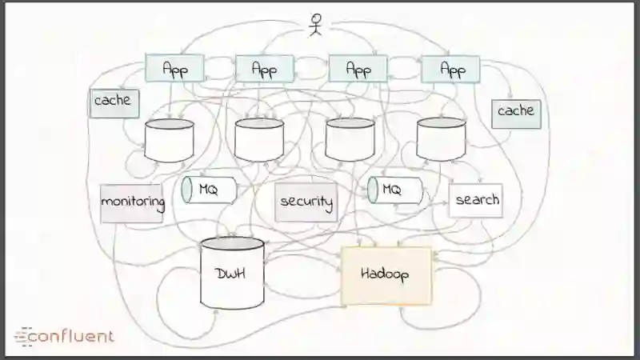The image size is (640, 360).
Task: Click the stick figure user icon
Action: (317, 26)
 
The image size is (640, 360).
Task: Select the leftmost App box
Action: (174, 69)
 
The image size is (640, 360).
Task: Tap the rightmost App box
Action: (450, 69)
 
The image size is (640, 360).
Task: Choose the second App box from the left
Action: (264, 69)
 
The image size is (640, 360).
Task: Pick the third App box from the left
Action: (358, 69)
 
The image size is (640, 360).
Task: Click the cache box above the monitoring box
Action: (112, 102)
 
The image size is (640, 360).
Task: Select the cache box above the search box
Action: (515, 111)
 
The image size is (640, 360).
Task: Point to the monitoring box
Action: (132, 202)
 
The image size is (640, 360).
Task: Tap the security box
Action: (306, 202)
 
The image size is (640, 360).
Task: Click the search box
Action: (477, 200)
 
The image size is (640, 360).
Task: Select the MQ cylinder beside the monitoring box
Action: (209, 190)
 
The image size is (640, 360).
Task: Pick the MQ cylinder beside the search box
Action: (394, 190)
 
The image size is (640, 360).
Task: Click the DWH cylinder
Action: (231, 273)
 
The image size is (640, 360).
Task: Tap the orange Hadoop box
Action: (386, 275)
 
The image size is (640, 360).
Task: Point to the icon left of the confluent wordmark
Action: (24, 337)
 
